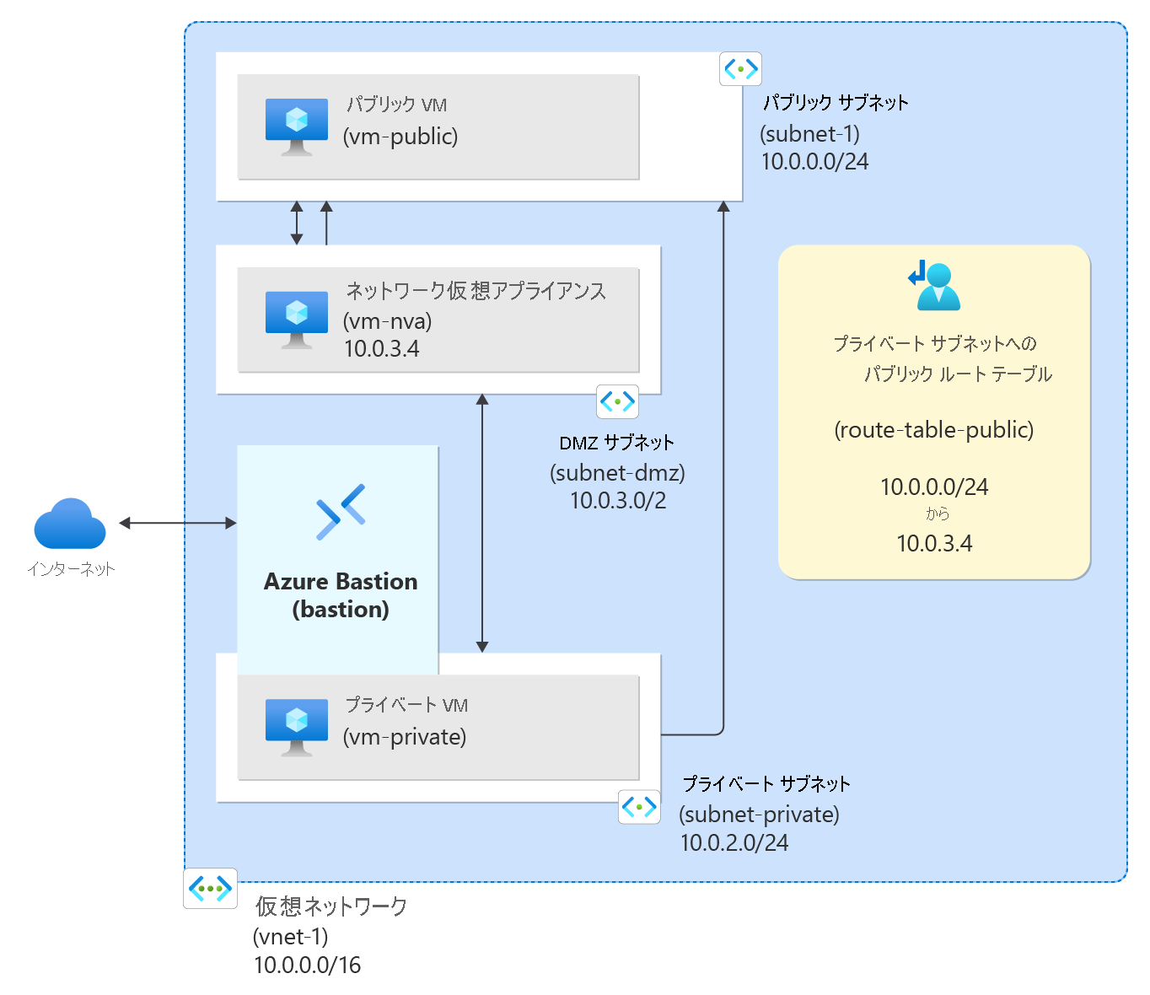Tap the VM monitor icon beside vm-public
(x=297, y=126)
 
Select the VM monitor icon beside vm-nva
(x=297, y=320)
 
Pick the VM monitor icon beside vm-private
(x=297, y=728)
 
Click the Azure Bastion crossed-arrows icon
(x=341, y=512)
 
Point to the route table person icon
(x=934, y=285)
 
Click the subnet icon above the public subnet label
(x=740, y=69)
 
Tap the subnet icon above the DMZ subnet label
(x=617, y=401)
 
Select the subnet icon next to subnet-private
(x=639, y=807)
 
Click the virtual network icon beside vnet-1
(x=210, y=889)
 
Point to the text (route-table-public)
(x=934, y=429)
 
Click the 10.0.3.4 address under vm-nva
(x=382, y=349)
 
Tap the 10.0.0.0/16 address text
(x=308, y=965)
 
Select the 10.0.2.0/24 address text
(x=734, y=842)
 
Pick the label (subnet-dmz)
(x=617, y=473)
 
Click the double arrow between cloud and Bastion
(x=178, y=523)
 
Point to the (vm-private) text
(x=405, y=737)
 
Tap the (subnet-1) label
(x=810, y=133)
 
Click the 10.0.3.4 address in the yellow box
(x=934, y=543)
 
